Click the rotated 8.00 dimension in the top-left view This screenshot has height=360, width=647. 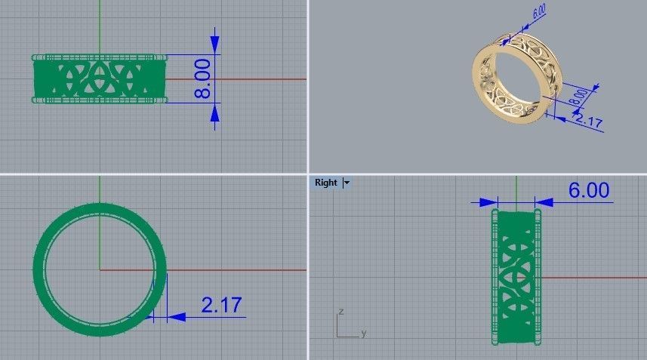click(202, 80)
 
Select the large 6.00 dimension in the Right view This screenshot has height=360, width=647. click(588, 190)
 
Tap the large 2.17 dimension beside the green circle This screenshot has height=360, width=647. click(221, 306)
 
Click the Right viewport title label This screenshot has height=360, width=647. click(326, 183)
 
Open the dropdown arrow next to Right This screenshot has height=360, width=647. click(347, 183)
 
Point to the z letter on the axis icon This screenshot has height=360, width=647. click(342, 311)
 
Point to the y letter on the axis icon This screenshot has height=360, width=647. click(363, 333)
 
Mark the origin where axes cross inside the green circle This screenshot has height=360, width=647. click(100, 269)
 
